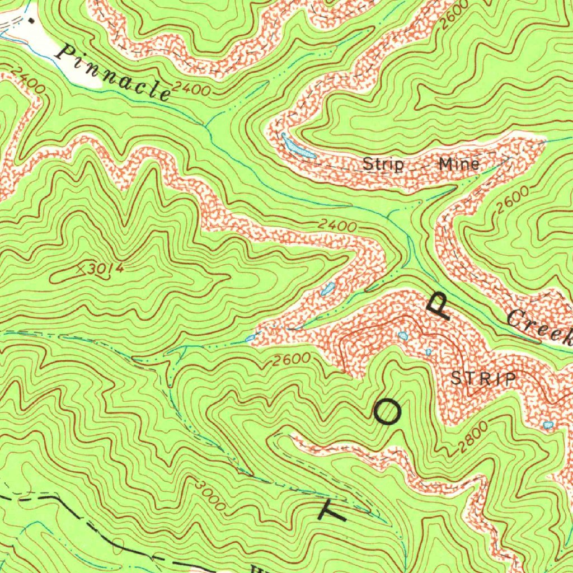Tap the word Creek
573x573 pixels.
(541, 327)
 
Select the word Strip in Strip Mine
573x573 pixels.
(383, 165)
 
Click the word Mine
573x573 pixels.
(459, 164)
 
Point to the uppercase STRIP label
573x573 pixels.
(484, 379)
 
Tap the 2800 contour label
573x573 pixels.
(473, 438)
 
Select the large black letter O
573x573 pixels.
(387, 413)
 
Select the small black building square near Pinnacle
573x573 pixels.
(31, 20)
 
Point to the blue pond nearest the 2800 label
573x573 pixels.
(548, 426)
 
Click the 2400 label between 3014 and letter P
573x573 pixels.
(338, 227)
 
